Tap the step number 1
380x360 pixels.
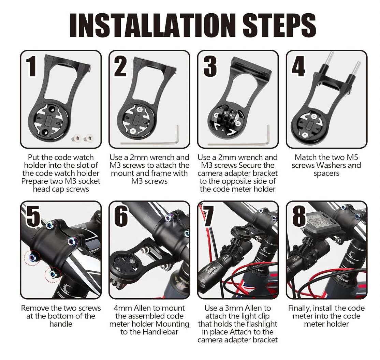coord(32,66)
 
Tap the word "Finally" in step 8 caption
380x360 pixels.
coord(301,308)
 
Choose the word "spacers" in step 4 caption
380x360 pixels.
coord(326,174)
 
